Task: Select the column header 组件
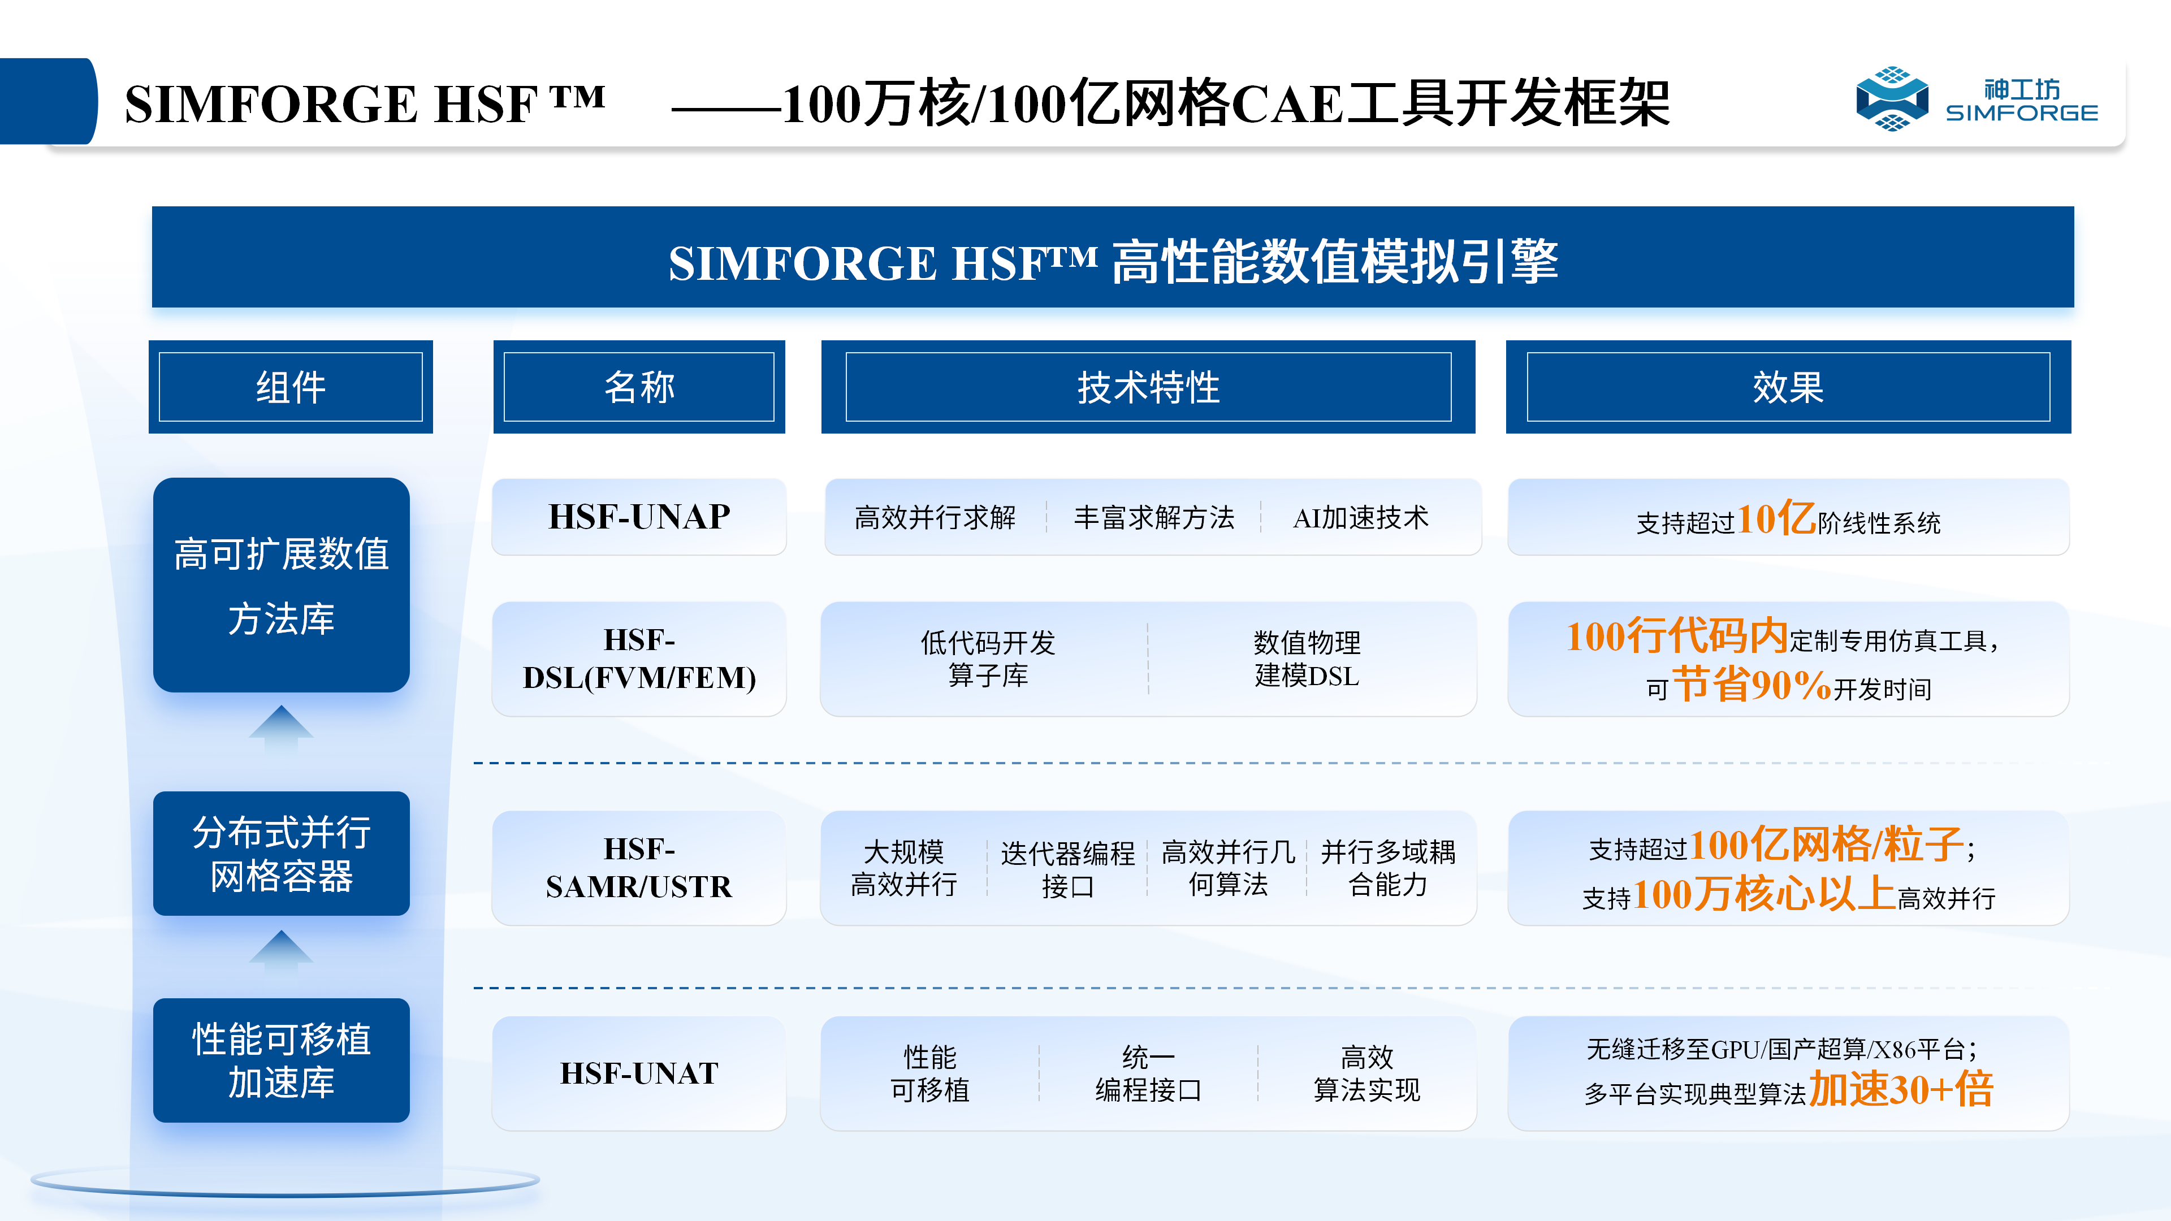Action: click(x=291, y=387)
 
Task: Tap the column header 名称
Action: click(x=639, y=387)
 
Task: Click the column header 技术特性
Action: click(x=1148, y=387)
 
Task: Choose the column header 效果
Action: click(x=1788, y=387)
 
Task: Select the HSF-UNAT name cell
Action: click(x=639, y=1073)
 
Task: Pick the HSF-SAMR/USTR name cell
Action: click(x=639, y=867)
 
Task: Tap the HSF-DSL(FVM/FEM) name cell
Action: click(x=639, y=659)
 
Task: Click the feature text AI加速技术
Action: click(x=1360, y=517)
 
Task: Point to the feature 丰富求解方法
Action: click(x=1154, y=517)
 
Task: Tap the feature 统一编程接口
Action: click(x=1148, y=1073)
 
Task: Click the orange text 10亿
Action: click(x=1776, y=518)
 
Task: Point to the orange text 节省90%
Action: click(x=1751, y=684)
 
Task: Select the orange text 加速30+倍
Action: click(x=1901, y=1089)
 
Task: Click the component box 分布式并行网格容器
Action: click(x=282, y=854)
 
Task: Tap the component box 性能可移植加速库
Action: click(x=282, y=1060)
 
